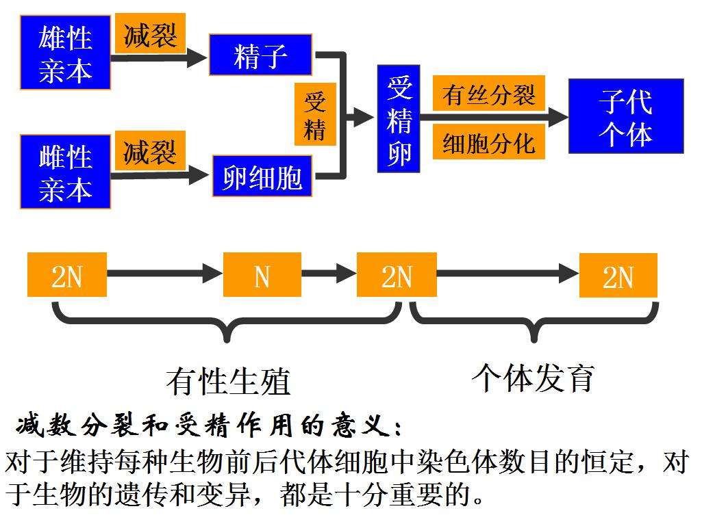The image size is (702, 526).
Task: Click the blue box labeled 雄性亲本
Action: coord(65,53)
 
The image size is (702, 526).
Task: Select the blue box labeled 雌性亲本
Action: coord(65,172)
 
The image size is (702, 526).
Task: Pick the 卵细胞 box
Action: coord(262,177)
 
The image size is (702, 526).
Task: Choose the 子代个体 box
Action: coord(625,116)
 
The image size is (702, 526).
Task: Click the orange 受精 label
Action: coord(315,115)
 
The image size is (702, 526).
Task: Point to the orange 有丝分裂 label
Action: coord(488,94)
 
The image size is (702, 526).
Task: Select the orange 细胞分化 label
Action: coord(488,142)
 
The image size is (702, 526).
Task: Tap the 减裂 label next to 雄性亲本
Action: coord(150,34)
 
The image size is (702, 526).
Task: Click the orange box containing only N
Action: coord(262,275)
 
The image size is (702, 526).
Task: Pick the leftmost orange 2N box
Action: coord(66,275)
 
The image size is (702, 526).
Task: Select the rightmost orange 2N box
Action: coord(618,275)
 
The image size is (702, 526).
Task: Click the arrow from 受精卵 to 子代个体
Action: coord(493,118)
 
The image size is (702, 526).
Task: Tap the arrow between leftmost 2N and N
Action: coord(164,275)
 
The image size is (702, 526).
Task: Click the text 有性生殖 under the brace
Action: coord(228,381)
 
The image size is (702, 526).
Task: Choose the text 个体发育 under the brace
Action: coord(532,377)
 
